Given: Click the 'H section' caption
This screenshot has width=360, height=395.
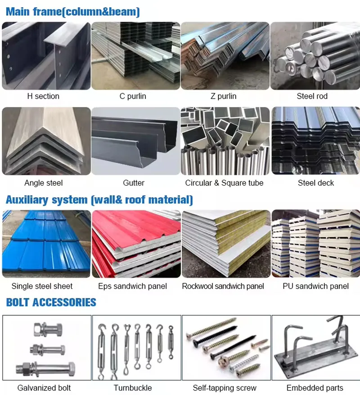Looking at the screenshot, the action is (x=43, y=96).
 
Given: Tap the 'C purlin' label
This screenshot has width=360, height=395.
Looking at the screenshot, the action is (x=133, y=96).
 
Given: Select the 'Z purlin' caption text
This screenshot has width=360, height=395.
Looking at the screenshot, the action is (x=224, y=96).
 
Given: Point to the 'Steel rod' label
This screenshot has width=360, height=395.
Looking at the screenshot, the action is (x=312, y=96).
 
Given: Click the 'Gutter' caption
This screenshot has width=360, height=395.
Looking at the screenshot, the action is (x=134, y=183).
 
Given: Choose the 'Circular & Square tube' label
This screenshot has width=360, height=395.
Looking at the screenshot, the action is (x=224, y=183).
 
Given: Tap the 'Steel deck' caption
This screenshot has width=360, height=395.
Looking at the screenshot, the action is (x=316, y=183).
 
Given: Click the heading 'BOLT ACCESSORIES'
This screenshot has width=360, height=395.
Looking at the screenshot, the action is (x=51, y=302).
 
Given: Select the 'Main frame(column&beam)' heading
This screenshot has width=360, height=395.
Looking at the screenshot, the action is (x=73, y=12).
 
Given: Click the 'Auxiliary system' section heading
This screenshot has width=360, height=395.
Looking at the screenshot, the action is (x=46, y=200).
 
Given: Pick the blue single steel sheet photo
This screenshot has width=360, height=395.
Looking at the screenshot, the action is (x=46, y=244).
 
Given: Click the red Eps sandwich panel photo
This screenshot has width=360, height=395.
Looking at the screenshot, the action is (x=136, y=244).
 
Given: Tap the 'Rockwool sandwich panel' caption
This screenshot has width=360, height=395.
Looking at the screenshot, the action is (x=223, y=286).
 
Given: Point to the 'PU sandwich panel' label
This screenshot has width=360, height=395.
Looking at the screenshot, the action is (x=316, y=286).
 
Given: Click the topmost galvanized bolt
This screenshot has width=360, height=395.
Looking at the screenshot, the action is (x=48, y=329).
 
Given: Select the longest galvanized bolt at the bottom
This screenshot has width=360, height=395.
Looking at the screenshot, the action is (x=46, y=369).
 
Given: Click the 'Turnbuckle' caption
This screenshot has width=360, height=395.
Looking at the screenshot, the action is (x=133, y=388).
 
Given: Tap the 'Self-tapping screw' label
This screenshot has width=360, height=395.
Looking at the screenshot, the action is (x=225, y=388).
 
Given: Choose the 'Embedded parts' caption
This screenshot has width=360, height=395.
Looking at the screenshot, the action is (x=315, y=388).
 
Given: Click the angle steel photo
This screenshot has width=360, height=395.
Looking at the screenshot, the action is (x=46, y=141).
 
